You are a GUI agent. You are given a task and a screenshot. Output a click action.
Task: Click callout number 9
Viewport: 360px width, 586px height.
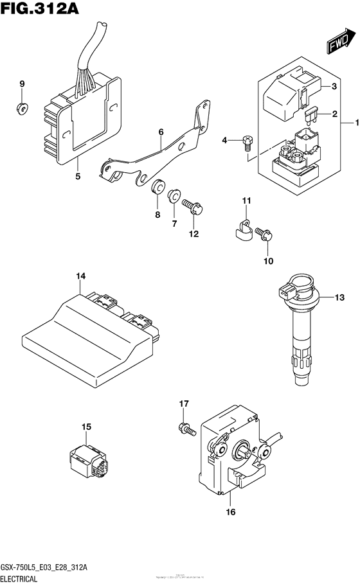point(21,85)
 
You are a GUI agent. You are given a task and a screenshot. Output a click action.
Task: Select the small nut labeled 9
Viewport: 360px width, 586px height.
point(21,107)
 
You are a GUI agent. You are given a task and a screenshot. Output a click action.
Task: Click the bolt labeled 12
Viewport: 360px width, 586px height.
point(192,208)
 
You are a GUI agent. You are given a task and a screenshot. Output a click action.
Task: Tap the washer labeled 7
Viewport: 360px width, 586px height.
point(174,196)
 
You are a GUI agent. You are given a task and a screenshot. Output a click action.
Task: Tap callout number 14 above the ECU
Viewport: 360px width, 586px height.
point(80,277)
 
